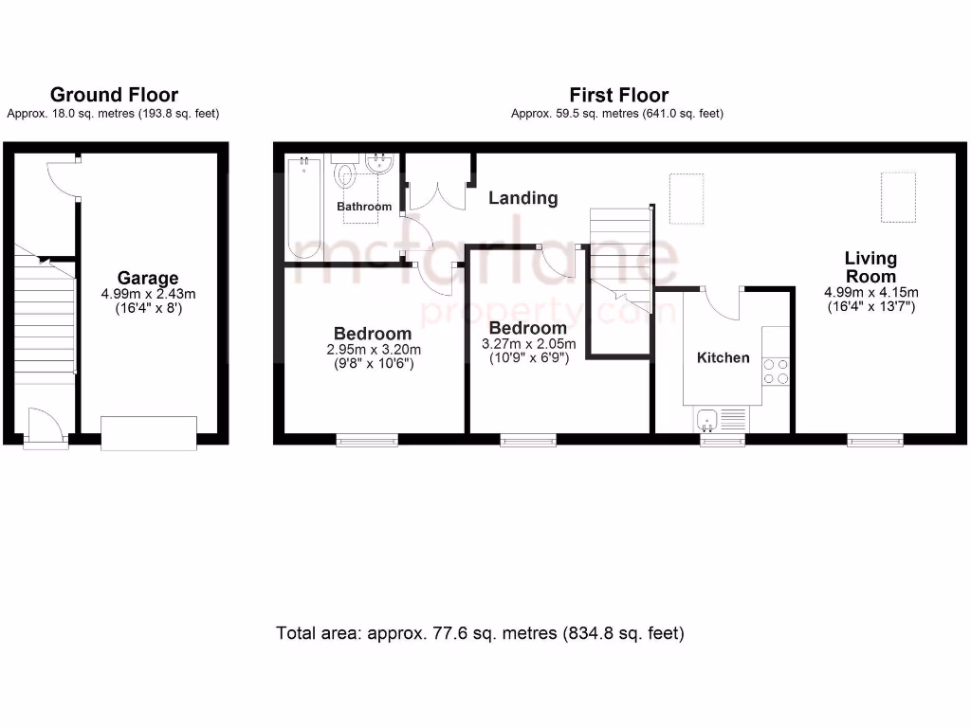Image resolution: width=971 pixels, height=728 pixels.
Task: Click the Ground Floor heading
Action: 114,95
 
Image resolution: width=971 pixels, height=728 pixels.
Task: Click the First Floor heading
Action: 618,95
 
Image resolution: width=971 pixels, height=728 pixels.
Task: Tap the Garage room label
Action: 148,278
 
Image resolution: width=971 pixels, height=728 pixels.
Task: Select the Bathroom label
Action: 364,207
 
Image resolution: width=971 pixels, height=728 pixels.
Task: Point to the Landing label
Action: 522,198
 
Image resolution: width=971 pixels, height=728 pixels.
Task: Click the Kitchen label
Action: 724,357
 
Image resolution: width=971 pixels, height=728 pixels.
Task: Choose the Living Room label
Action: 870,266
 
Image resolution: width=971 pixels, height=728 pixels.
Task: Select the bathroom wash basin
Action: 381,163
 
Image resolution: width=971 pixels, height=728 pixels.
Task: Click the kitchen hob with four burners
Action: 776,370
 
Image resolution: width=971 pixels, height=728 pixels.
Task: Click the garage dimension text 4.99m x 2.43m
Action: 147,295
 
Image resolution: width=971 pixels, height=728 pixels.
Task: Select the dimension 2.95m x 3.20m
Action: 372,349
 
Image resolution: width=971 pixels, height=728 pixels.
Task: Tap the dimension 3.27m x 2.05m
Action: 527,344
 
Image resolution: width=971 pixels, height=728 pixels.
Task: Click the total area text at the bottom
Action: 480,633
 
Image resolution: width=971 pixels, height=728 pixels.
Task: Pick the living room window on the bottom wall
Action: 874,439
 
